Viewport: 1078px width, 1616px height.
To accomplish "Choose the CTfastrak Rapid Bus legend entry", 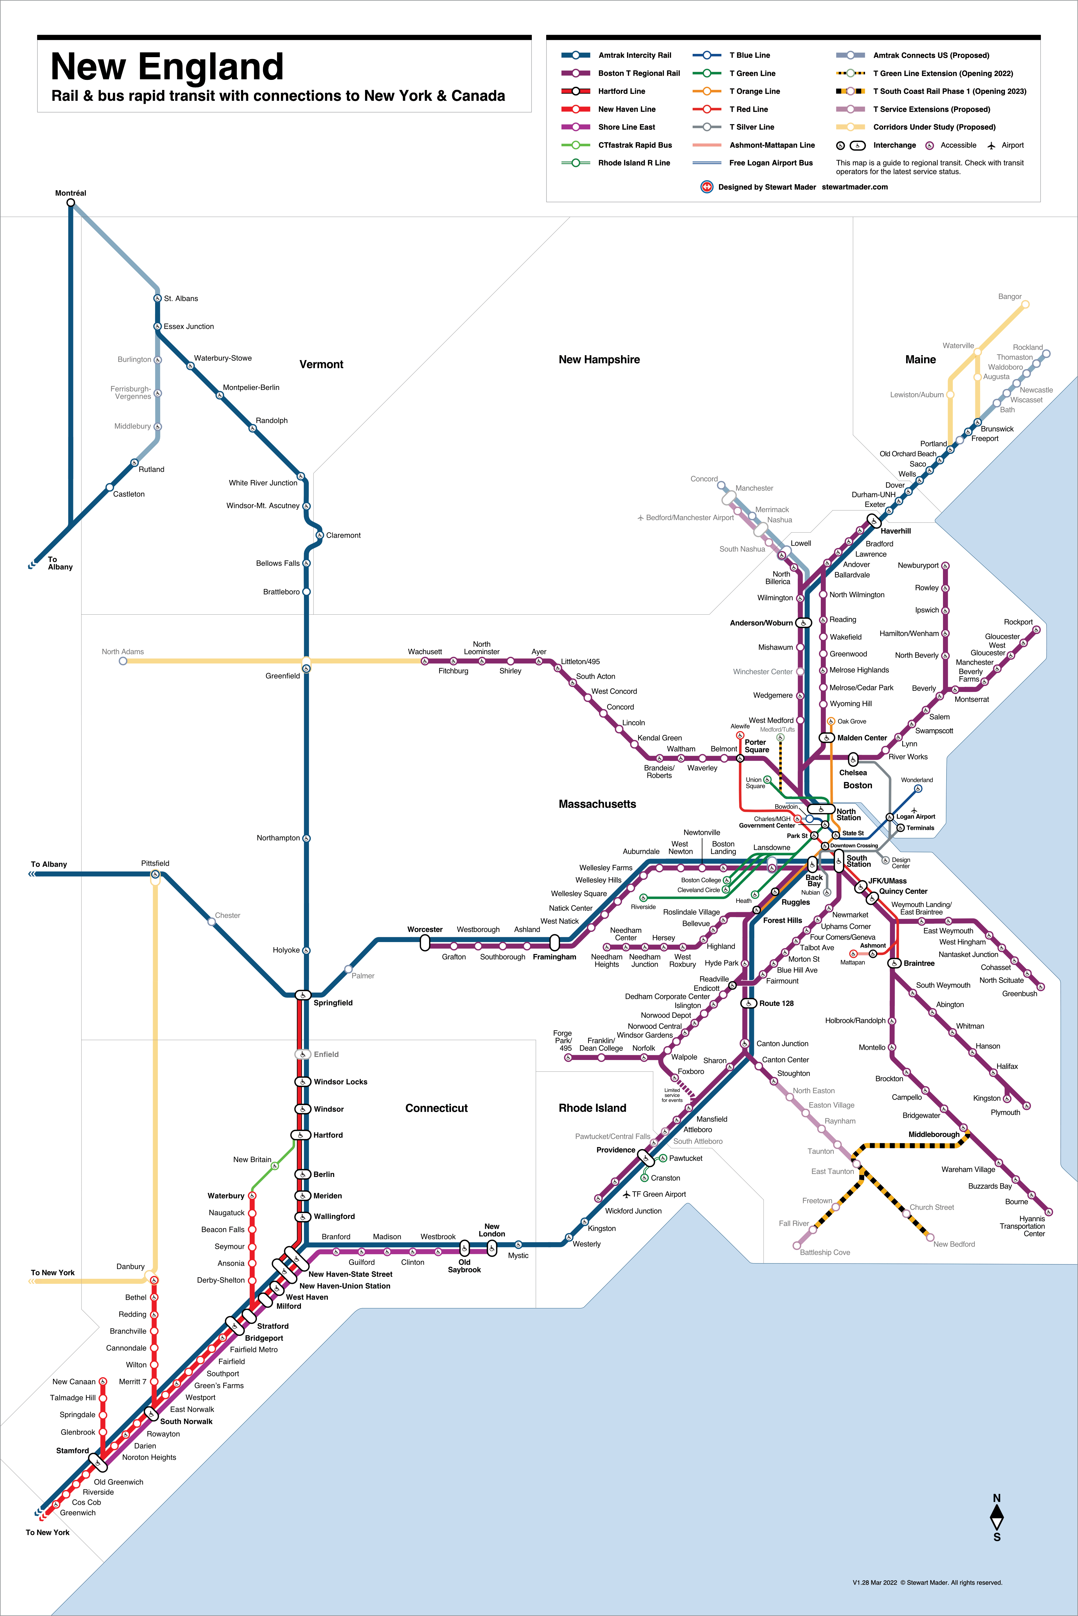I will pyautogui.click(x=635, y=145).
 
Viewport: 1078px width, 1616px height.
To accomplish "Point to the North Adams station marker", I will pyautogui.click(x=123, y=661).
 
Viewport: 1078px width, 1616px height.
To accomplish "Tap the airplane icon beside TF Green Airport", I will pyautogui.click(x=626, y=1194).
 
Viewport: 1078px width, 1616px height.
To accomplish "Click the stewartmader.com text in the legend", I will pyautogui.click(x=855, y=187).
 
